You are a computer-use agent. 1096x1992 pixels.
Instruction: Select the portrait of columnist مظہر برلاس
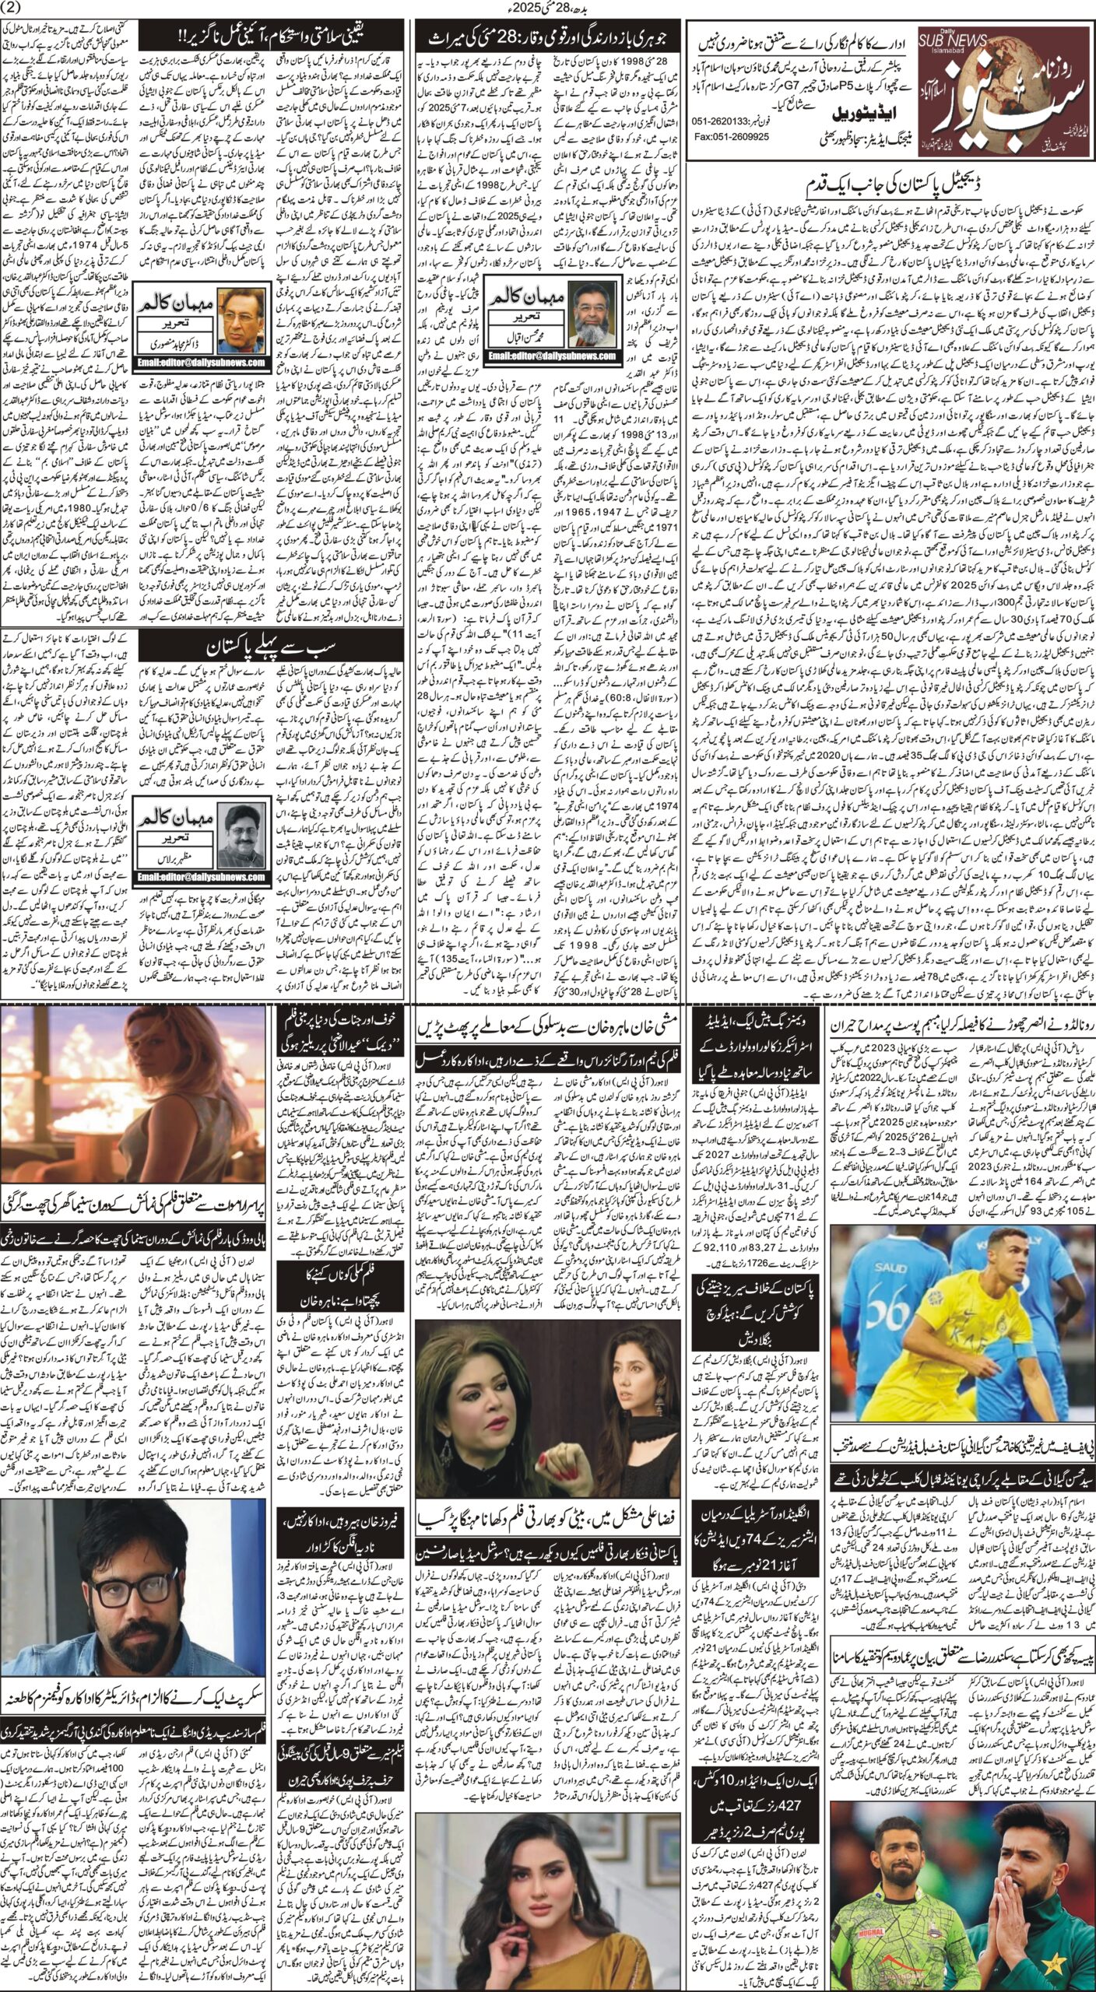point(239,832)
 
